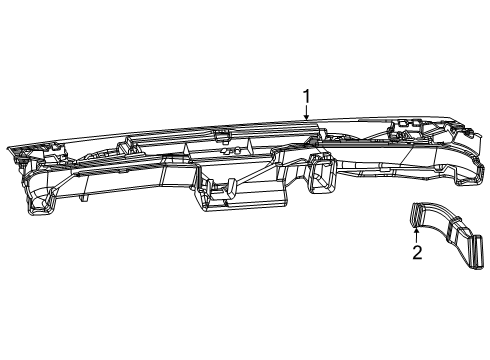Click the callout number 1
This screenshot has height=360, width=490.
(x=308, y=96)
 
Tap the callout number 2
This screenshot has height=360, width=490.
(x=417, y=252)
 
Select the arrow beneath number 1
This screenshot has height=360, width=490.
(x=308, y=113)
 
